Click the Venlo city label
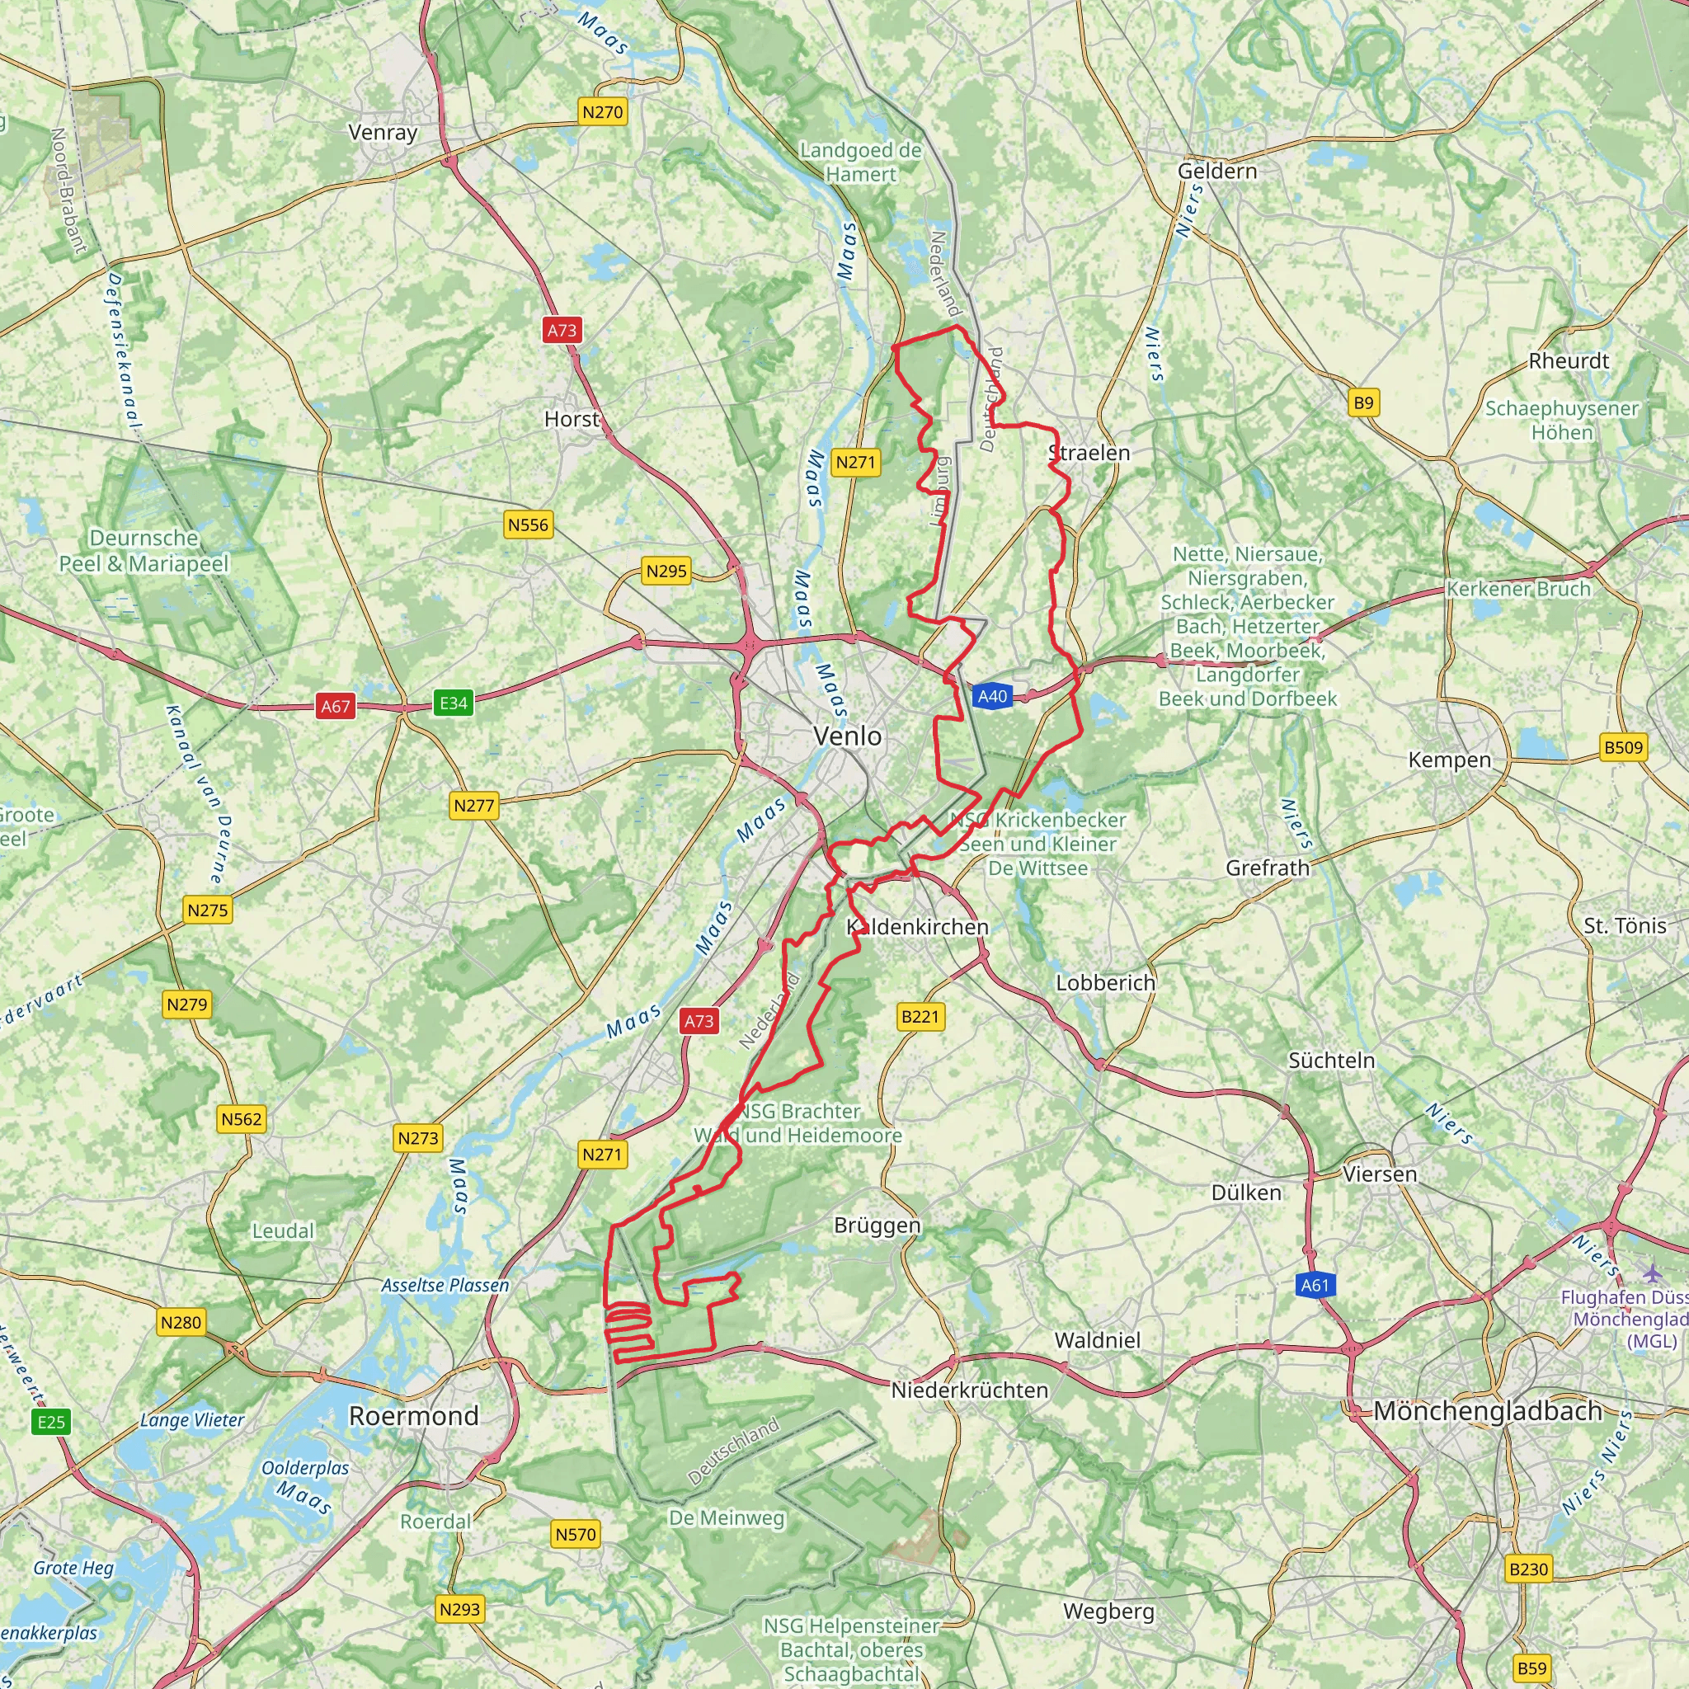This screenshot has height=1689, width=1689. [x=847, y=736]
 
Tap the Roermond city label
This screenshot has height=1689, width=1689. [x=413, y=1415]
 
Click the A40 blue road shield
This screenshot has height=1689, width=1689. [x=992, y=697]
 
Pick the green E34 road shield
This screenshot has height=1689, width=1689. [x=453, y=702]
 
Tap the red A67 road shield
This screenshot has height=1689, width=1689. [x=336, y=707]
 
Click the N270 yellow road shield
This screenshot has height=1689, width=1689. [x=602, y=112]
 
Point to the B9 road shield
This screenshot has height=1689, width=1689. [x=1363, y=403]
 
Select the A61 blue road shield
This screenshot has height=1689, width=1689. [x=1314, y=1285]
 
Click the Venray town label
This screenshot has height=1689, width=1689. [x=383, y=133]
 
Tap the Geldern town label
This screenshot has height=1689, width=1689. [x=1217, y=172]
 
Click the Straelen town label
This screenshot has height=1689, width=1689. [x=1089, y=453]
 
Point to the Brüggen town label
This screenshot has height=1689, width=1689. [x=877, y=1226]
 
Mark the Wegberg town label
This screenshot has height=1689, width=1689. [x=1108, y=1611]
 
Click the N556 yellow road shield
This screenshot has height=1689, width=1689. [x=528, y=525]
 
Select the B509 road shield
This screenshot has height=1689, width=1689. [x=1623, y=747]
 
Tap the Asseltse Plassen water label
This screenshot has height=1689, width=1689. [x=445, y=1285]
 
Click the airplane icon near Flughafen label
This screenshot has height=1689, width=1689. [x=1651, y=1272]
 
